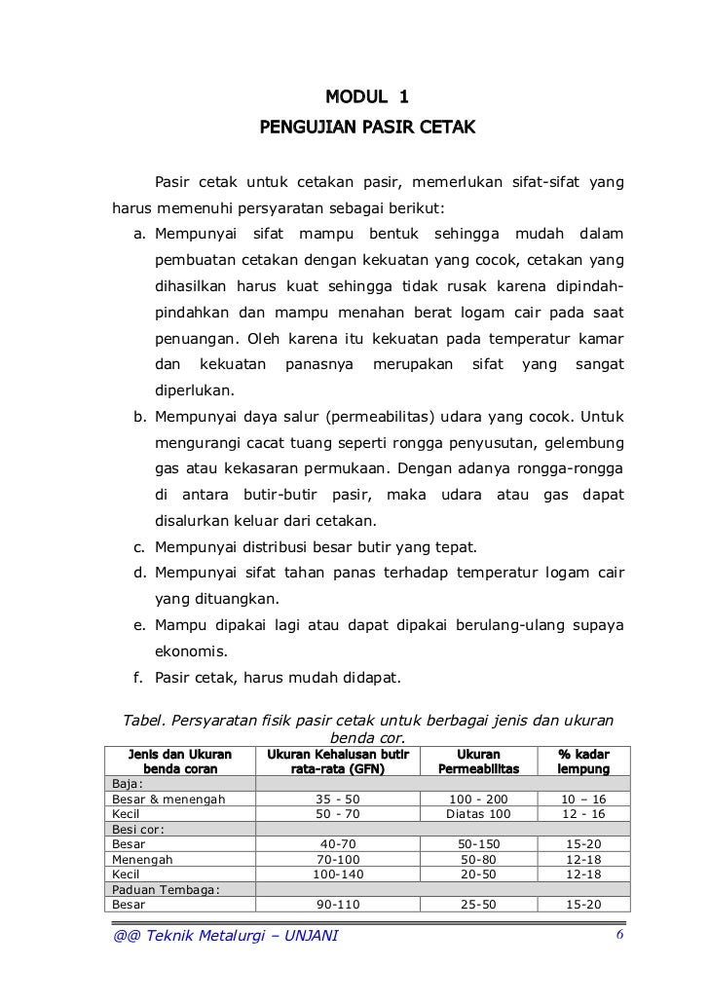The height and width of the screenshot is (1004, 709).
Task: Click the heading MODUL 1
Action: click(367, 97)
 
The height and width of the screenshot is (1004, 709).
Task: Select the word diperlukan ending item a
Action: click(195, 391)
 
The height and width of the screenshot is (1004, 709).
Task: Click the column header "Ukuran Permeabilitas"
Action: click(477, 762)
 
